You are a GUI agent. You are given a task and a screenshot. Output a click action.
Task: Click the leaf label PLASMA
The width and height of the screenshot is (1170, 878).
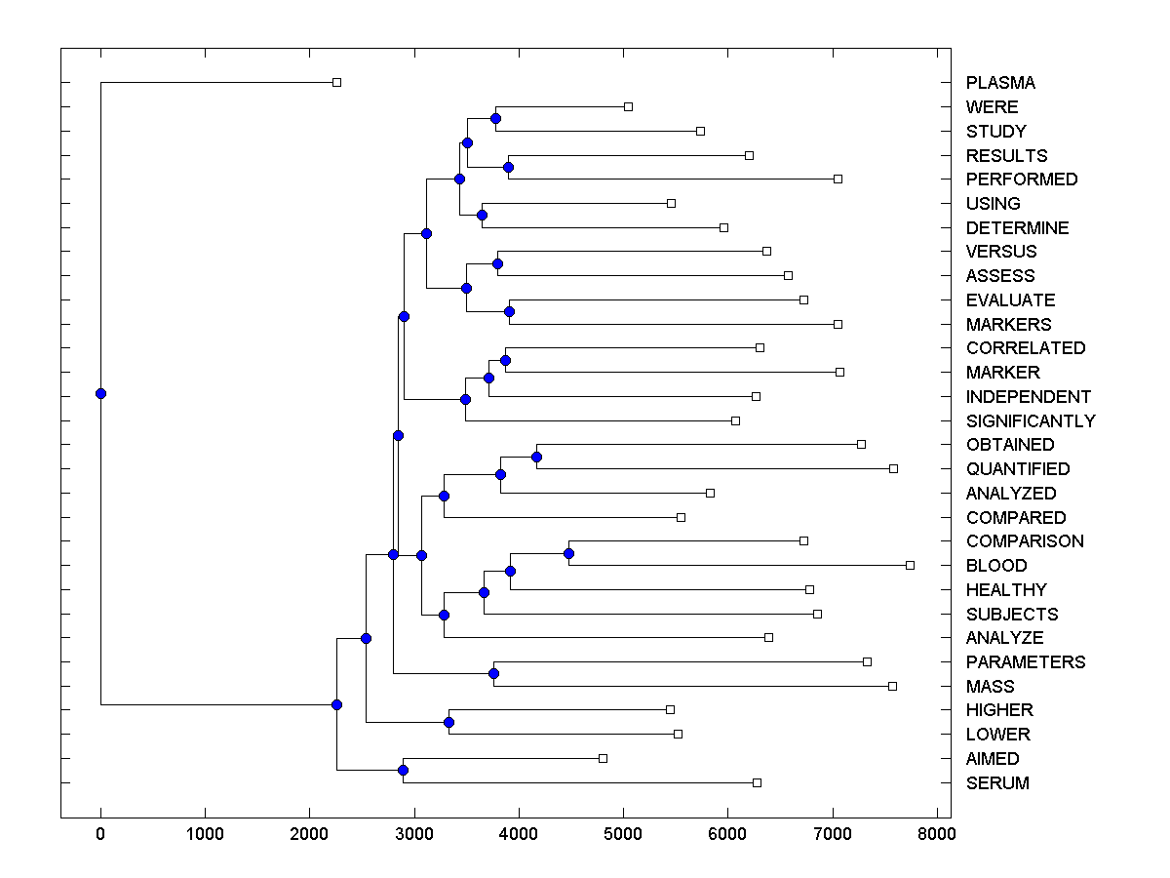point(1000,83)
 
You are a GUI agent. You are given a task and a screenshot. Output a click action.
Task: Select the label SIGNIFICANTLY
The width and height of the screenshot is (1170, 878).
point(1031,421)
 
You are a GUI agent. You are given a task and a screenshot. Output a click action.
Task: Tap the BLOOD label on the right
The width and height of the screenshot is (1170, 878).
point(996,566)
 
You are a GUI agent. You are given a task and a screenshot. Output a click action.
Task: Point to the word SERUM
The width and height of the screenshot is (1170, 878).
point(997,783)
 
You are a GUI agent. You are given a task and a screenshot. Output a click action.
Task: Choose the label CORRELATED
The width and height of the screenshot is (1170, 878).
point(1026,348)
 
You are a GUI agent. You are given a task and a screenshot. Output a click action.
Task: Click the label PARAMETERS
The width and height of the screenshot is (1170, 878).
point(1026,662)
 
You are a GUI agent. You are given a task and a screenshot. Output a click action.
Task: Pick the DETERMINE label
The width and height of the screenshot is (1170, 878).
point(1018,228)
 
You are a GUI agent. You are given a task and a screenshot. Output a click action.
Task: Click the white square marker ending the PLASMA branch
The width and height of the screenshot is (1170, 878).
point(336,83)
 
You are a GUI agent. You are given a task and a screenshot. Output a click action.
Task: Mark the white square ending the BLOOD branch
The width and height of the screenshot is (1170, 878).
point(910,565)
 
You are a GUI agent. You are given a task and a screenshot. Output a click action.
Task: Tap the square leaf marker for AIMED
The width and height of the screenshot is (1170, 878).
point(603,758)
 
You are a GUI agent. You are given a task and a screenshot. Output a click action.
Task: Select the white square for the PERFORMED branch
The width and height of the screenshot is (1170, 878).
point(838,179)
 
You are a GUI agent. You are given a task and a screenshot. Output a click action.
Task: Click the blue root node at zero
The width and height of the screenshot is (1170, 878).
point(100,393)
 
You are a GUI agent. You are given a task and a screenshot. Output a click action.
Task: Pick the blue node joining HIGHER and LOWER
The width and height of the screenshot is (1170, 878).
point(448,722)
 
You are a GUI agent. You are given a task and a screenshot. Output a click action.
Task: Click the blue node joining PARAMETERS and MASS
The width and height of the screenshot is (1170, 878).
point(493,674)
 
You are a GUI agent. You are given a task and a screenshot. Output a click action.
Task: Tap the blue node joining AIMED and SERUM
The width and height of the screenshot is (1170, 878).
point(403,771)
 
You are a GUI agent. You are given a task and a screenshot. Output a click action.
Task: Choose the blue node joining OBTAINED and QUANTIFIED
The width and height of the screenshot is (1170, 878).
point(536,457)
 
